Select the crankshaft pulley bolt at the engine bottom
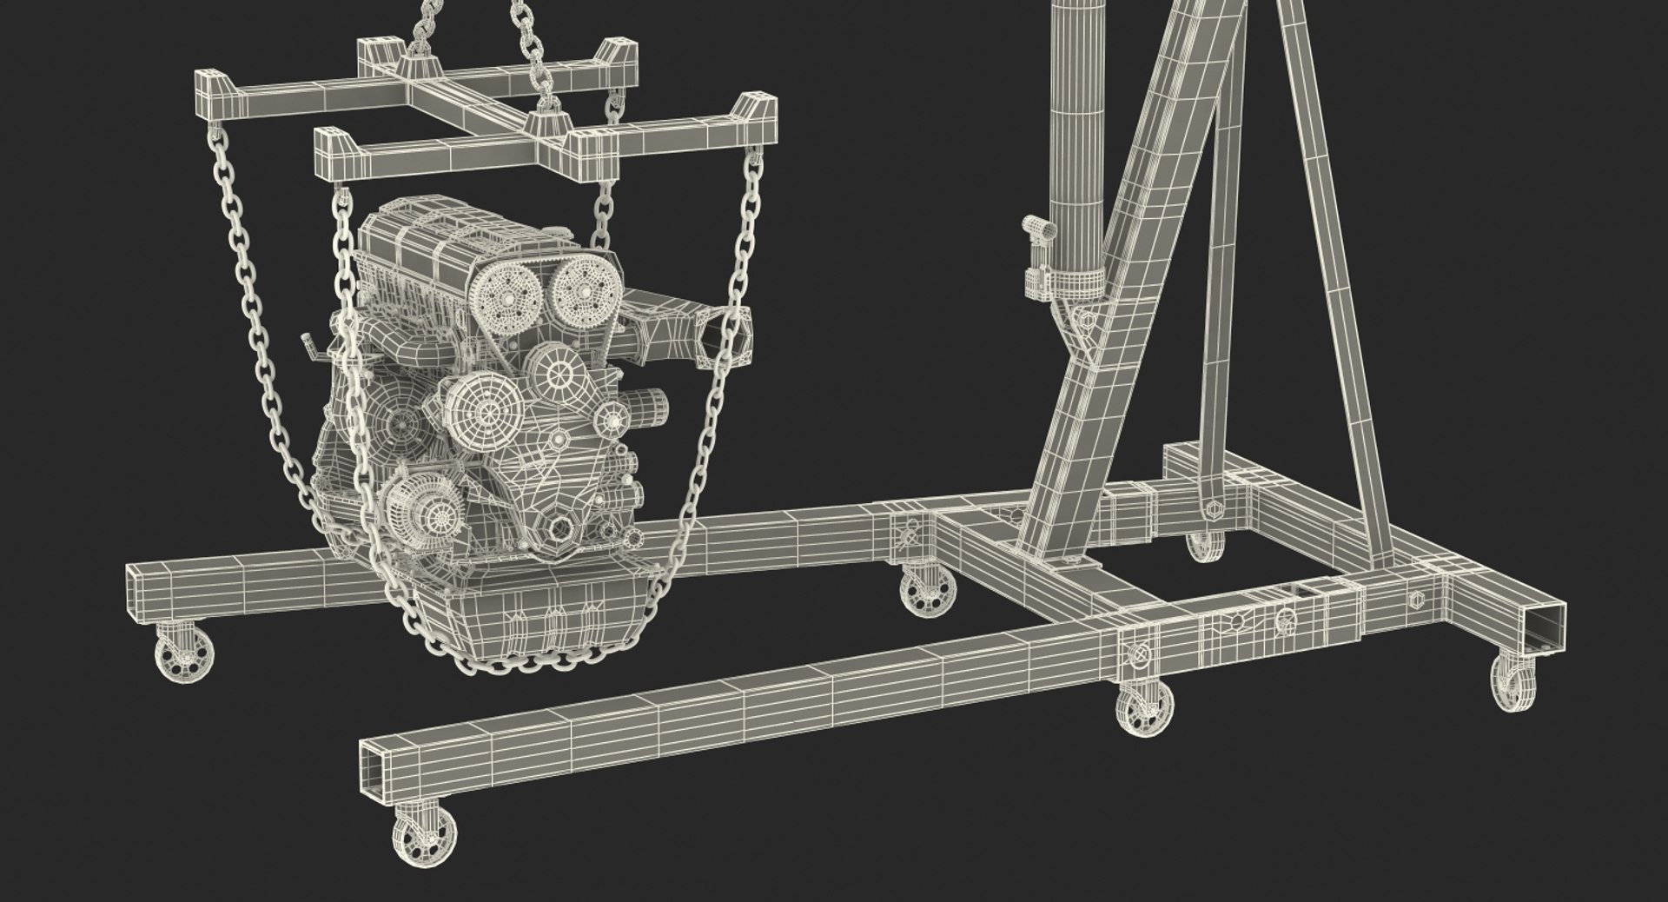[x=560, y=527]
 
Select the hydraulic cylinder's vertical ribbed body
[x=1077, y=130]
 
